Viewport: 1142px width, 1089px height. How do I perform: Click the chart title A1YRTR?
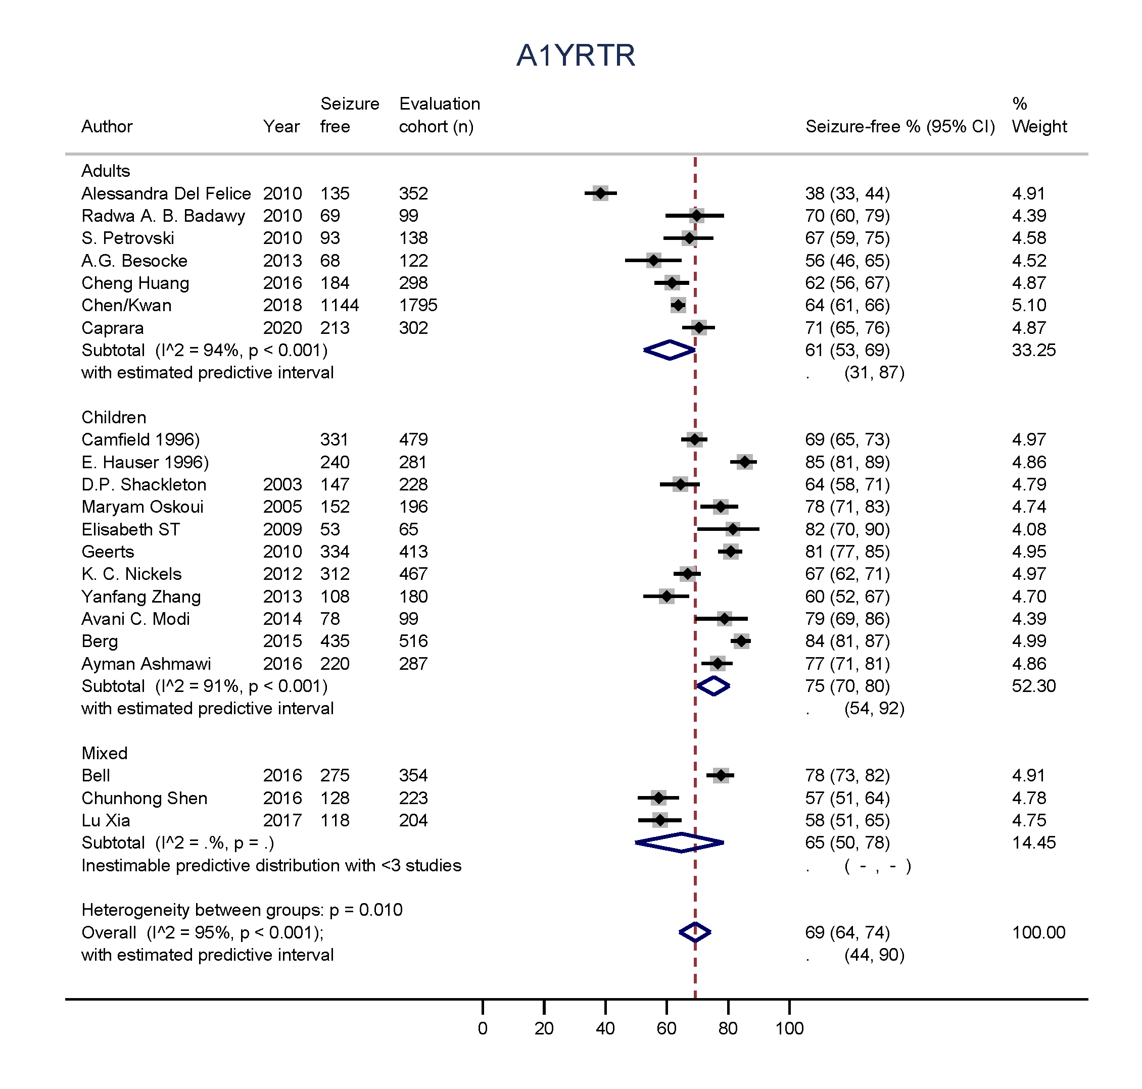pos(576,56)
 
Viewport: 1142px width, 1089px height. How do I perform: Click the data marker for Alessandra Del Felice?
pos(600,193)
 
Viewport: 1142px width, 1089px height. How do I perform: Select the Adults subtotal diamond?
pos(670,350)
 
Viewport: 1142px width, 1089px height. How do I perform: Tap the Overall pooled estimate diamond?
pos(695,932)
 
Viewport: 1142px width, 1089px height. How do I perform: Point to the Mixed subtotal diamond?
pos(680,843)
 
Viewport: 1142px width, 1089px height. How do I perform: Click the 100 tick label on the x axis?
pos(789,1028)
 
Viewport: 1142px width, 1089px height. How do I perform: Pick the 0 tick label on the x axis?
pos(483,1028)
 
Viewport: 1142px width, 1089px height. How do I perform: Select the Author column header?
pos(107,126)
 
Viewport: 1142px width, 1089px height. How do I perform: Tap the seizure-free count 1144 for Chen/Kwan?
pos(340,306)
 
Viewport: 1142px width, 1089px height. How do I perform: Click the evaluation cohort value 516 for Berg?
pos(413,641)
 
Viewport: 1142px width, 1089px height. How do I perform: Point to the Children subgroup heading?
pos(114,417)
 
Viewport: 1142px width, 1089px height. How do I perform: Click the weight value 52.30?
pos(1033,685)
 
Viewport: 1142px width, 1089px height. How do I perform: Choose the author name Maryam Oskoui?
pos(142,507)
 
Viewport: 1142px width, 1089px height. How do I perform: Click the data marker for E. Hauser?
pos(744,462)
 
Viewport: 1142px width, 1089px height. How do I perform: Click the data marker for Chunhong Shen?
pos(658,798)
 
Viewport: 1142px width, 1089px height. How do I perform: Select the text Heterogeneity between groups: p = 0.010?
pos(242,910)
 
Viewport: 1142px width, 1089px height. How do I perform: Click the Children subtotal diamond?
pos(713,685)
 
